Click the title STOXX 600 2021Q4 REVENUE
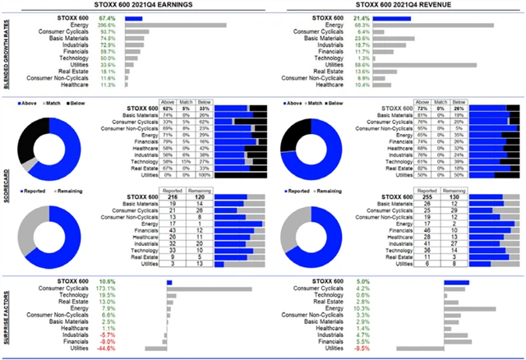[x=394, y=7]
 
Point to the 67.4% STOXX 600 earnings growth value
[x=107, y=17]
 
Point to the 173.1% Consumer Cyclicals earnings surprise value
[x=106, y=289]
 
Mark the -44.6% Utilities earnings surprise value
[x=106, y=348]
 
